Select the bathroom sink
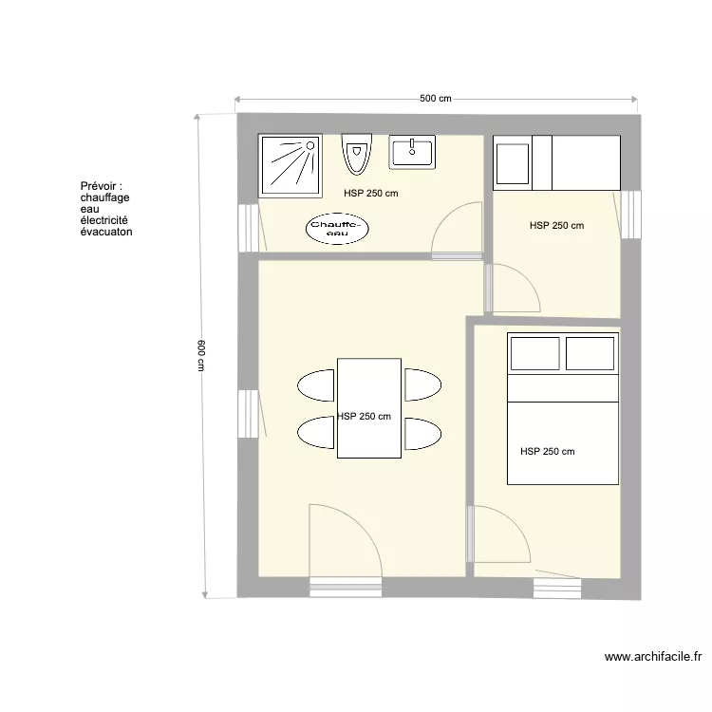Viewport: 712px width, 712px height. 411,152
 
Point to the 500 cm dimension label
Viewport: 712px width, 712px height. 435,99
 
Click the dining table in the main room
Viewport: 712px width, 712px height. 368,408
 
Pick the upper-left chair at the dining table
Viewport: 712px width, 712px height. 316,385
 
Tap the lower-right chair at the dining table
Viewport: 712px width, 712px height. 422,434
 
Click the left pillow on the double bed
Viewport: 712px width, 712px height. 535,353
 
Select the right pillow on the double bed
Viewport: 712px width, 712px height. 590,353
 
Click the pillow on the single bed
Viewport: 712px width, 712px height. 514,162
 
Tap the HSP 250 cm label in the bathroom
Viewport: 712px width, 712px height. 371,193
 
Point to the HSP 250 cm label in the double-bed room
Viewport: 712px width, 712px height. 548,451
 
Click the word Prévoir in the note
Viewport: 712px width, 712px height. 101,187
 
